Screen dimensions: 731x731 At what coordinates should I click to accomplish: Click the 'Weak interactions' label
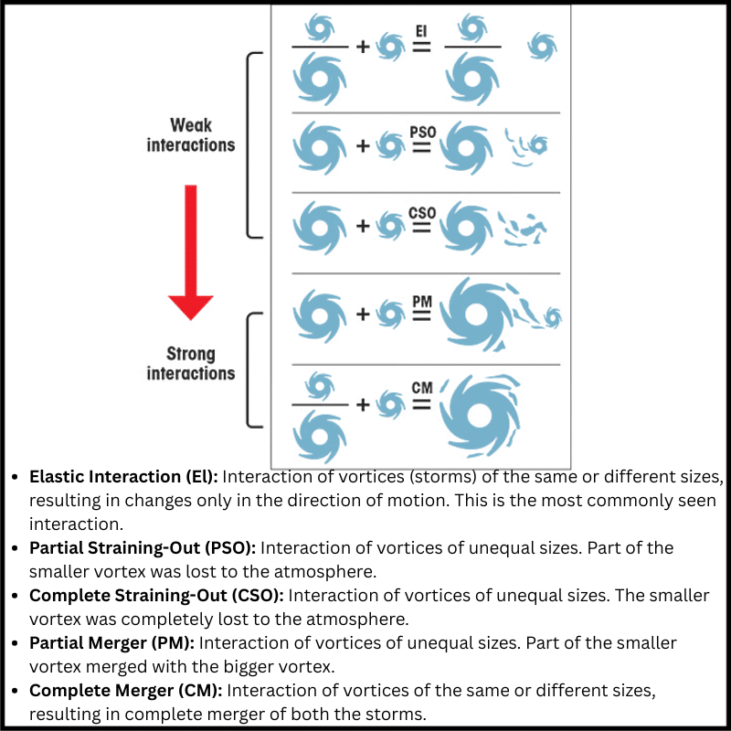(x=191, y=134)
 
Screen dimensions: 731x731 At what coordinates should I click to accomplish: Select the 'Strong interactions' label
(x=191, y=364)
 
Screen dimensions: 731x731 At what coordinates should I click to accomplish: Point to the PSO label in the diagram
(x=422, y=132)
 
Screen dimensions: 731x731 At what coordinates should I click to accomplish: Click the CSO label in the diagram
(x=422, y=213)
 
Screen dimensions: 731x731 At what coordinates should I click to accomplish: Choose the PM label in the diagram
(x=422, y=300)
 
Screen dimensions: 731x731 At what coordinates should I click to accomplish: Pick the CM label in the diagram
(x=422, y=389)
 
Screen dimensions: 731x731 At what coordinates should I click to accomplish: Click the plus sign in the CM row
(x=362, y=403)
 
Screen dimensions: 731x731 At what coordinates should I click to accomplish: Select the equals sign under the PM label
(x=421, y=315)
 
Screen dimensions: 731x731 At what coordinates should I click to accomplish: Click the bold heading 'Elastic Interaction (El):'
(x=123, y=477)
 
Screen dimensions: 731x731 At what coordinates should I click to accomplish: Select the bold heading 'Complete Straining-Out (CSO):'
(x=156, y=596)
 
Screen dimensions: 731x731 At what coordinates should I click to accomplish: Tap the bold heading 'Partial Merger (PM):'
(x=112, y=643)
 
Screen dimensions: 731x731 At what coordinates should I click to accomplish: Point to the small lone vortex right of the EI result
(x=542, y=46)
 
